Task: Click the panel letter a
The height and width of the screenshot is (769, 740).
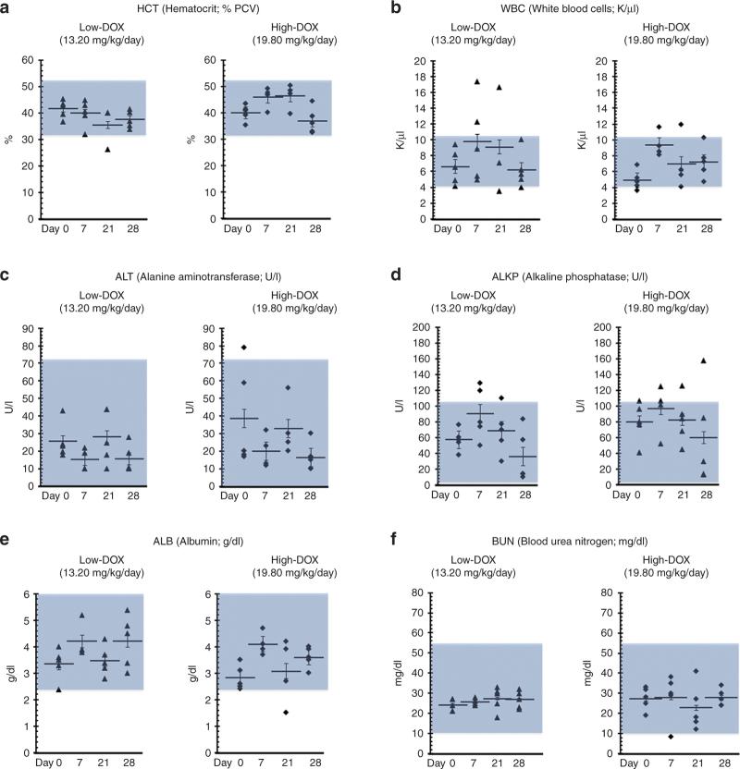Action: pos(7,8)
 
